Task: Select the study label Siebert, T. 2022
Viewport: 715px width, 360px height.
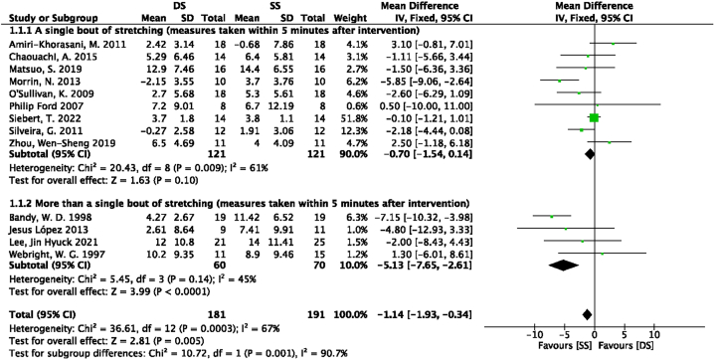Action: coord(39,117)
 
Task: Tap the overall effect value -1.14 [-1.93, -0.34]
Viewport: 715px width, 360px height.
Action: coord(433,312)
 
